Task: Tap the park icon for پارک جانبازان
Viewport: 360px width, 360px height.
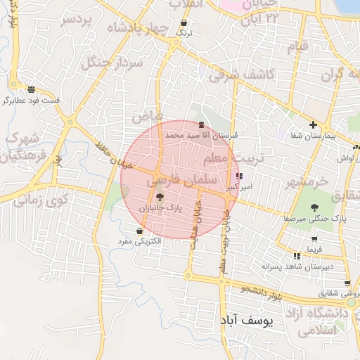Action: point(160,198)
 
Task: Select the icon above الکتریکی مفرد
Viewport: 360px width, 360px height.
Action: point(139,231)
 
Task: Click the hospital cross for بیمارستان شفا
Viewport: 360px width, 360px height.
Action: point(314,124)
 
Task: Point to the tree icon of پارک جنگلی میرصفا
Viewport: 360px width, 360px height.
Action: point(314,207)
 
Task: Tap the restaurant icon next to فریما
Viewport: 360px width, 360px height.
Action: point(297,255)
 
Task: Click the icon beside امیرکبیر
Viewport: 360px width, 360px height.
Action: point(240,176)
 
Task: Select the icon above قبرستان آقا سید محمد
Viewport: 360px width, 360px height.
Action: point(202,124)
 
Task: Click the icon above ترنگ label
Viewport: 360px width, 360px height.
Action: point(183,22)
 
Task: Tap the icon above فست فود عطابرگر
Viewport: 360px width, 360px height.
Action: point(31,89)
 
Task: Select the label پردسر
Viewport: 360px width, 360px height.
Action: point(77,20)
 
